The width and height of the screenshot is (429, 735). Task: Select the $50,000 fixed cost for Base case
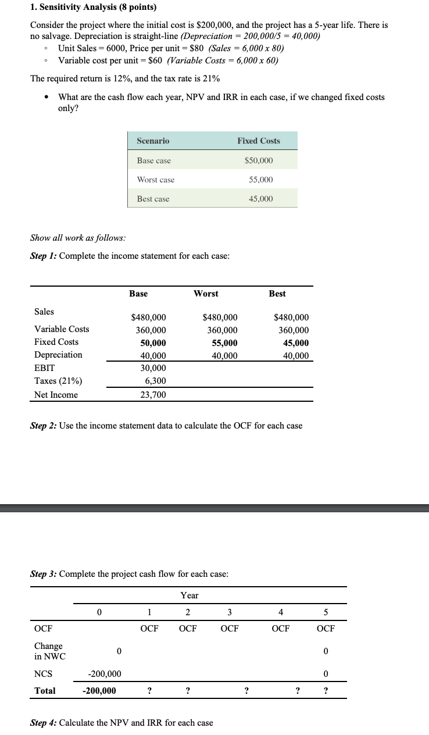[259, 160]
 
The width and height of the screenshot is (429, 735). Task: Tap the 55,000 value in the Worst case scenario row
[261, 180]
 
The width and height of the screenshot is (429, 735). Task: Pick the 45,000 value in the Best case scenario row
[261, 199]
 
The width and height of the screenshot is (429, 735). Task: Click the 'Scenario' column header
[153, 141]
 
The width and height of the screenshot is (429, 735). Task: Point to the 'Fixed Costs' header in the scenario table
[259, 141]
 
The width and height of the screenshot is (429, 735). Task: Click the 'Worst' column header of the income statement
[206, 294]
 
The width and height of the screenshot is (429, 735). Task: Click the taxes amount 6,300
[155, 381]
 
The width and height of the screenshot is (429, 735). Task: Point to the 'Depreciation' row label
[58, 355]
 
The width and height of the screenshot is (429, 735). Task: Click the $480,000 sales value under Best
[291, 317]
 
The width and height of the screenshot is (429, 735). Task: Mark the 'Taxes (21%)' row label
[58, 381]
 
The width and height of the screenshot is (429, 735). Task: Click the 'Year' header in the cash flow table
[190, 595]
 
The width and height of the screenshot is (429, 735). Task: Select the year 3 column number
[230, 612]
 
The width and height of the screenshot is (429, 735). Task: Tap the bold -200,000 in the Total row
[99, 691]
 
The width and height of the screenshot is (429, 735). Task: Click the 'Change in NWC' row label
[49, 651]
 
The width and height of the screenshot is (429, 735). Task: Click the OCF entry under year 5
[326, 628]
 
